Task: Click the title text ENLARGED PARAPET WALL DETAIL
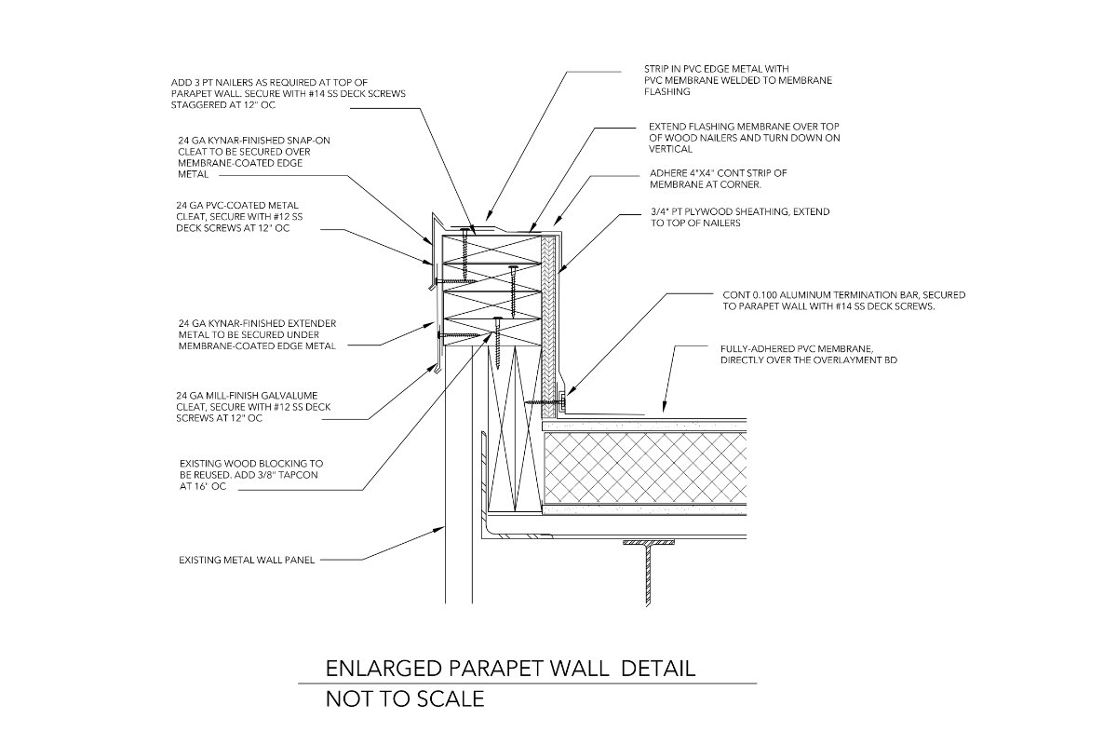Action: pyautogui.click(x=510, y=669)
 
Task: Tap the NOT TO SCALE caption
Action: pyautogui.click(x=405, y=699)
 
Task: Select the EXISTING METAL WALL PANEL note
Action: pyautogui.click(x=247, y=561)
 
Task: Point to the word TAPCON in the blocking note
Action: pyautogui.click(x=299, y=475)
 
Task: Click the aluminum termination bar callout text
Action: pyautogui.click(x=843, y=301)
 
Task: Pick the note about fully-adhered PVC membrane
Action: pyautogui.click(x=808, y=354)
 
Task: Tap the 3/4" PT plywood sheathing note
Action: pyautogui.click(x=740, y=217)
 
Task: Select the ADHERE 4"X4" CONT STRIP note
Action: pyautogui.click(x=718, y=179)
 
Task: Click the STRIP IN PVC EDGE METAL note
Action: pyautogui.click(x=738, y=80)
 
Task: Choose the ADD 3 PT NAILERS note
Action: pyautogui.click(x=289, y=93)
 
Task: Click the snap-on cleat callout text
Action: pyautogui.click(x=254, y=157)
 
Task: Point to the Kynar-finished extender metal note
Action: pyautogui.click(x=257, y=334)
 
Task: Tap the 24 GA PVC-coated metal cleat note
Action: pyautogui.click(x=239, y=217)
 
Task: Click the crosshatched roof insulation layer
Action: pyautogui.click(x=644, y=467)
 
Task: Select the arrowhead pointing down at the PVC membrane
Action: pyautogui.click(x=664, y=407)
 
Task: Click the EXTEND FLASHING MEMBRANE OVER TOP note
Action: pyautogui.click(x=744, y=138)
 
